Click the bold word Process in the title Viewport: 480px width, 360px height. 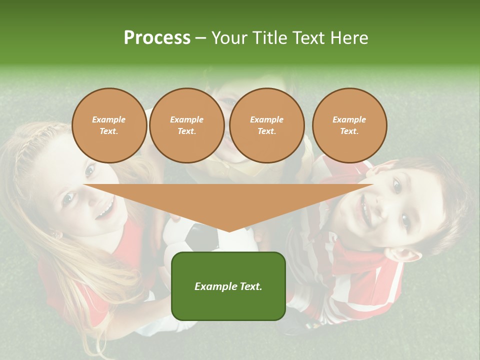[157, 38]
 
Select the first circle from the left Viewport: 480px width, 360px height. [109, 125]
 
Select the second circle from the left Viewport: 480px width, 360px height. [186, 125]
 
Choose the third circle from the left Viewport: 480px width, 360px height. [266, 125]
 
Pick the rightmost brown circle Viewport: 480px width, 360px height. [349, 125]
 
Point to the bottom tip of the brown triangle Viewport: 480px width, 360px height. [229, 230]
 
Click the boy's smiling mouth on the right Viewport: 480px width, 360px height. [364, 210]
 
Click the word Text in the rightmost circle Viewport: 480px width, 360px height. [349, 131]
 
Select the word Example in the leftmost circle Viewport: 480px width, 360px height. [109, 119]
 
